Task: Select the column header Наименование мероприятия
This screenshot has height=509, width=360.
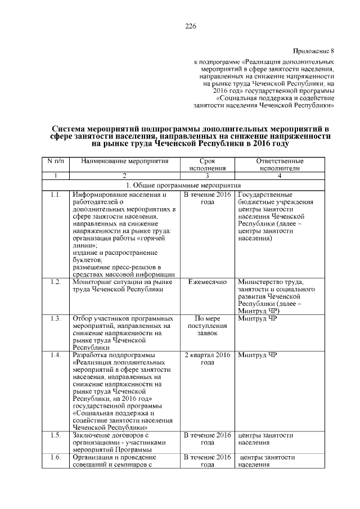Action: tap(125, 161)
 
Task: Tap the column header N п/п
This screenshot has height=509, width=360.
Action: tap(56, 161)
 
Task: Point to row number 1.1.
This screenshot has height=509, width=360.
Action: tap(55, 195)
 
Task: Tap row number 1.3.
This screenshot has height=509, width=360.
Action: tap(55, 319)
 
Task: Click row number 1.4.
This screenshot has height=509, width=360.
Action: tap(55, 355)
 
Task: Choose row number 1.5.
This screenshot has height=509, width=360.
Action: tap(55, 435)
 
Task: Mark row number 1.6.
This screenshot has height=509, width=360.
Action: tap(55, 457)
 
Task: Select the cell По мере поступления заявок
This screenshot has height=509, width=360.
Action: tap(208, 326)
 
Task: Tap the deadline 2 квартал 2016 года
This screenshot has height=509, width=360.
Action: tap(208, 358)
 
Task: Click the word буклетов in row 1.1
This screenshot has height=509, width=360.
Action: tap(87, 260)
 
